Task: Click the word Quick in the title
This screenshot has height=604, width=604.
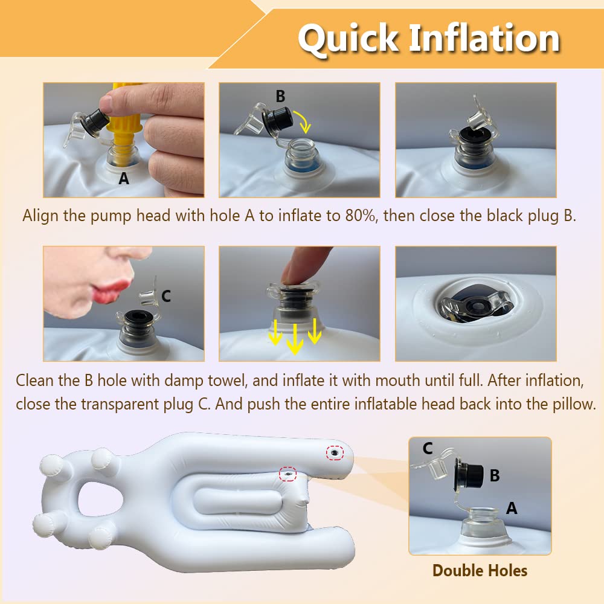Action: [x=349, y=39]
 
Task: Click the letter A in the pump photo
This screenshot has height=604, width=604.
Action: [x=124, y=178]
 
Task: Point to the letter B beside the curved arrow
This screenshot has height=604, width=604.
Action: [x=280, y=96]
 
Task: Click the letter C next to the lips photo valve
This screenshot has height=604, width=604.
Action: [x=166, y=296]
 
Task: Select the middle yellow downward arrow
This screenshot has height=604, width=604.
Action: [x=295, y=339]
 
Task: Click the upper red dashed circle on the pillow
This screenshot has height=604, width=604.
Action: [x=335, y=452]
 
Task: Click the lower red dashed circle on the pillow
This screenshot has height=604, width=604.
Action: [x=288, y=474]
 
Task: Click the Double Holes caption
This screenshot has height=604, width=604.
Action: [x=480, y=571]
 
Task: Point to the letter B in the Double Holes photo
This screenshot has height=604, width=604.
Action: [x=495, y=475]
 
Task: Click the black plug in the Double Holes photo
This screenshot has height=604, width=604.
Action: [x=470, y=474]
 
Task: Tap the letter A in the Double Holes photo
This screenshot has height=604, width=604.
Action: [x=512, y=509]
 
